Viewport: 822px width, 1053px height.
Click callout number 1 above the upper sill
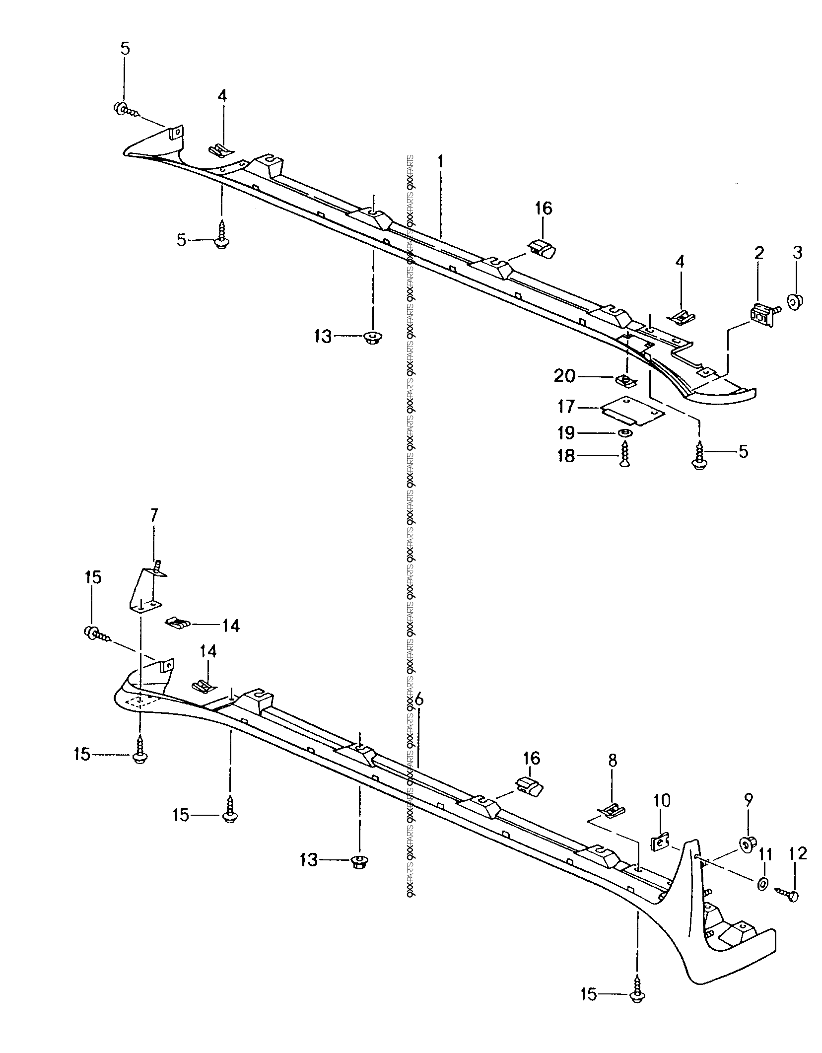440,163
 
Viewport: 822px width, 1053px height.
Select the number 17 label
566,408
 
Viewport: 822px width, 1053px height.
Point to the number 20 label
565,376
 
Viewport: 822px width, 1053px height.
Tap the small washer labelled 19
624,433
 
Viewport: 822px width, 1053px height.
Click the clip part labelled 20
624,381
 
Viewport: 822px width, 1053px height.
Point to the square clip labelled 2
762,316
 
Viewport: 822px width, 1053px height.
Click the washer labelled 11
763,884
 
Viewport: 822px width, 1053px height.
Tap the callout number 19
566,433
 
